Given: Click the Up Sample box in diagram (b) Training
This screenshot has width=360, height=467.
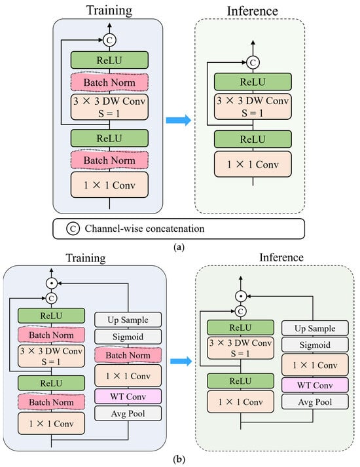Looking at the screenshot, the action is coord(128,320).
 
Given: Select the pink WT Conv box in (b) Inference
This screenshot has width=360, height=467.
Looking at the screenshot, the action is coord(315,385).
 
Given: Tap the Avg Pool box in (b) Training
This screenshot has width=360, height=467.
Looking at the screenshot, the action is coord(128,413).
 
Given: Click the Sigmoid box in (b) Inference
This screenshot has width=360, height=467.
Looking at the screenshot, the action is coord(315,345).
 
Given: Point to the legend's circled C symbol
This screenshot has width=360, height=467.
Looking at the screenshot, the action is coord(73,229).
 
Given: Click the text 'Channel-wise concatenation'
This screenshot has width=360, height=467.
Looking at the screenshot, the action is coord(145,229).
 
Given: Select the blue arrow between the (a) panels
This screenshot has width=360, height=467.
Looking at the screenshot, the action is coord(179,121).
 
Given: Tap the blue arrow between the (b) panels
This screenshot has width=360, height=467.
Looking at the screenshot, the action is coord(181,362).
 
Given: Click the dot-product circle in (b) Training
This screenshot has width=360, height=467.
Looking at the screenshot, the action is coord(52,283).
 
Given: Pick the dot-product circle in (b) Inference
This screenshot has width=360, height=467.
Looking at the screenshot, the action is coord(241,296).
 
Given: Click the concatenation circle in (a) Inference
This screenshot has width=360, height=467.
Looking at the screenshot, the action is coord(253,62).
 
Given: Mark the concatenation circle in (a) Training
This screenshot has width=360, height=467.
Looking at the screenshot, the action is coord(109,40).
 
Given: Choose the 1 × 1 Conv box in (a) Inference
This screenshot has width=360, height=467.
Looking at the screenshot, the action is coord(253,164).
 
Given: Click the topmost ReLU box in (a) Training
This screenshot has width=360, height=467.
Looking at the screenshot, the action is coord(109,60).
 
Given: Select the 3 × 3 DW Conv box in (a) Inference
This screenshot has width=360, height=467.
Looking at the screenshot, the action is coord(253,107).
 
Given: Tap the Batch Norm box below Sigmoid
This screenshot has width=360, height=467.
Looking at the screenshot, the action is coord(128,355).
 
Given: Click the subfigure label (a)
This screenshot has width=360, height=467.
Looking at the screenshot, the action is coord(179,247).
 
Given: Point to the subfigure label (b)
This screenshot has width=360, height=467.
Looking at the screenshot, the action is coord(179,459).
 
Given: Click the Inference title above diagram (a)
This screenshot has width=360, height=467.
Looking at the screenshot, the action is coord(252,11).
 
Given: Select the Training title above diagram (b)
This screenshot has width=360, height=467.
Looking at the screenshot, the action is coord(86,258).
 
